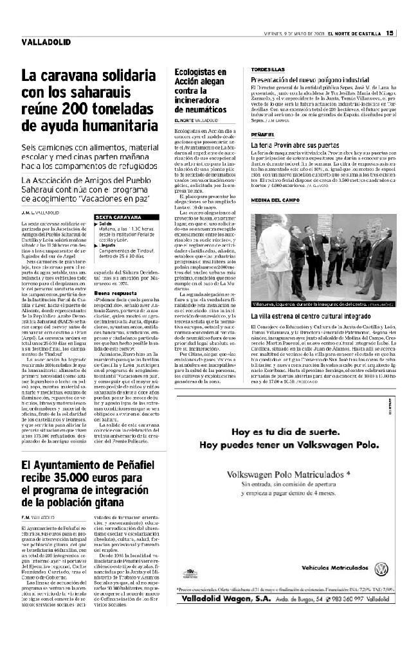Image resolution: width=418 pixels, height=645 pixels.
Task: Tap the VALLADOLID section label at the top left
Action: pyautogui.click(x=42, y=43)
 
